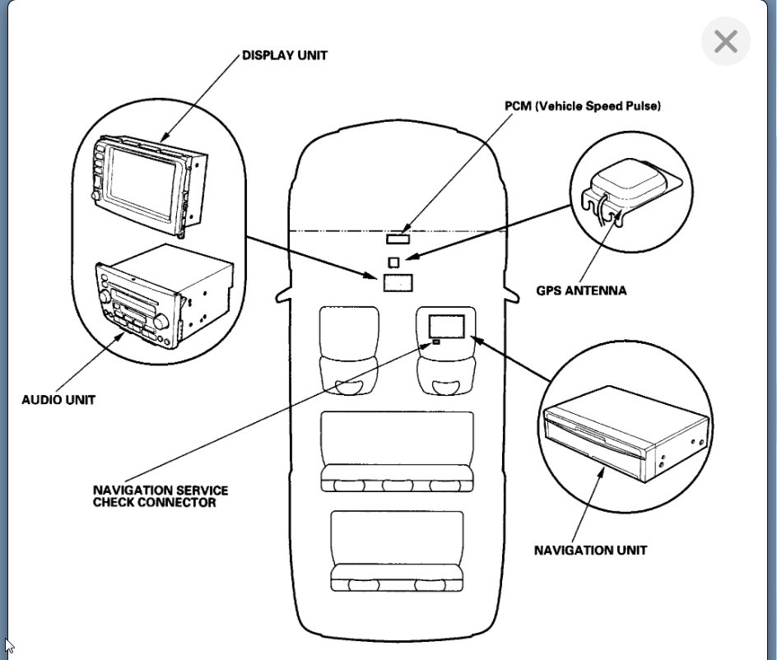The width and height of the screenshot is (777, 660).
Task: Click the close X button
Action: pyautogui.click(x=725, y=41)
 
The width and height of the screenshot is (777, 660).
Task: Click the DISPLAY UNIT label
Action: pyautogui.click(x=284, y=56)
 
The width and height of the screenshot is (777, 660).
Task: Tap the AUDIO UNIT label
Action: pyautogui.click(x=58, y=400)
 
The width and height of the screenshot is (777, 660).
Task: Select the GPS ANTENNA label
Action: pyautogui.click(x=581, y=290)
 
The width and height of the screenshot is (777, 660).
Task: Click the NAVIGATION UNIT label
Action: pyautogui.click(x=590, y=550)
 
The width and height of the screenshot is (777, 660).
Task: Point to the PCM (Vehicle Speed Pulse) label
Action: pyautogui.click(x=582, y=106)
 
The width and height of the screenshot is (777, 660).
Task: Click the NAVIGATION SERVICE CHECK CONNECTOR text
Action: pyautogui.click(x=160, y=496)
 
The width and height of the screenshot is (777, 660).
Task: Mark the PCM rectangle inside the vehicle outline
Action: pyautogui.click(x=398, y=239)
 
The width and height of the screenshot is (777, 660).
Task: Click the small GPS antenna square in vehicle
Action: pyautogui.click(x=393, y=262)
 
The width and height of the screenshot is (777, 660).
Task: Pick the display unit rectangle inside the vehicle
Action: pyautogui.click(x=397, y=282)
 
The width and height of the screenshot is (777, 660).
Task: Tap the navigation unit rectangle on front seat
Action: pyautogui.click(x=447, y=325)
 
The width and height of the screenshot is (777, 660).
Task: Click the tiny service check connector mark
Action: pyautogui.click(x=435, y=341)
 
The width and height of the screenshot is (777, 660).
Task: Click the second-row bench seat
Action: pyautogui.click(x=397, y=451)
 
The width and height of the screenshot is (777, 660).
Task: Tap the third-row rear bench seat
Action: pyautogui.click(x=397, y=550)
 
